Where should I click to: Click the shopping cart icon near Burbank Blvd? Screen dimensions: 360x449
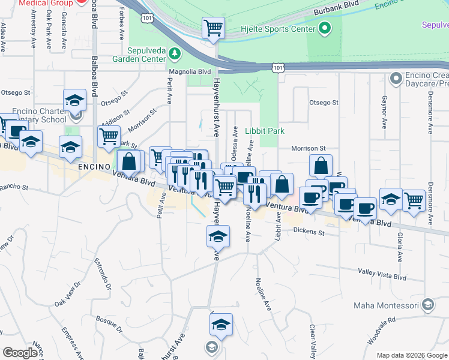[x=213, y=28]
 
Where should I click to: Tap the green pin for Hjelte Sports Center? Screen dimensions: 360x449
[x=325, y=28]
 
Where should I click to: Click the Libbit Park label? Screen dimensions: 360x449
[x=265, y=131]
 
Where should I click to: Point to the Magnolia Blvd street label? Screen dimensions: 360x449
[x=190, y=71]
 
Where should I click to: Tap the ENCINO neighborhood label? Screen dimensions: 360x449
[x=94, y=166]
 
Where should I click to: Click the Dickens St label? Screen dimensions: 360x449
[x=309, y=232]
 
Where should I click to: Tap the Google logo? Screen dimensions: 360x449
[x=20, y=353]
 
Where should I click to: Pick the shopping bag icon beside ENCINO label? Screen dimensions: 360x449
[x=129, y=161]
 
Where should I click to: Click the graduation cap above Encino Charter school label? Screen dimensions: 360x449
[x=74, y=100]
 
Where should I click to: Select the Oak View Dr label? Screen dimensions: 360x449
[x=67, y=293]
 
